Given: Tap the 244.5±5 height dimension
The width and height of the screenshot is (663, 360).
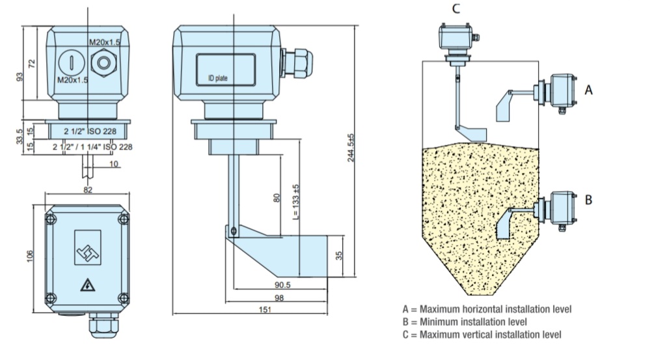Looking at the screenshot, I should click(351, 148).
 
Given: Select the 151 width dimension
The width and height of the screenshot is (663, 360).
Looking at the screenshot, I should click(264, 310).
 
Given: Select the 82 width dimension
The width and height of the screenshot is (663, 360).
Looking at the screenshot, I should click(88, 189).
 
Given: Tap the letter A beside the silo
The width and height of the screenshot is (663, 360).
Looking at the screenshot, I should click(589, 91).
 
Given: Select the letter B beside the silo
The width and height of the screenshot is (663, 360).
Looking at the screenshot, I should click(588, 200).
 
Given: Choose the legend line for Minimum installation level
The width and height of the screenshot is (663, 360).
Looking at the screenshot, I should click(465, 322).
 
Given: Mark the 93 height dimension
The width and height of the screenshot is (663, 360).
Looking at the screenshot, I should click(20, 77).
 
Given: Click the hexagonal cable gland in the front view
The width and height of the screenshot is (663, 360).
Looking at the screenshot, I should click(102, 63).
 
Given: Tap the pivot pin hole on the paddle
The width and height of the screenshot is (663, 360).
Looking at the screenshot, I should click(234, 229).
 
